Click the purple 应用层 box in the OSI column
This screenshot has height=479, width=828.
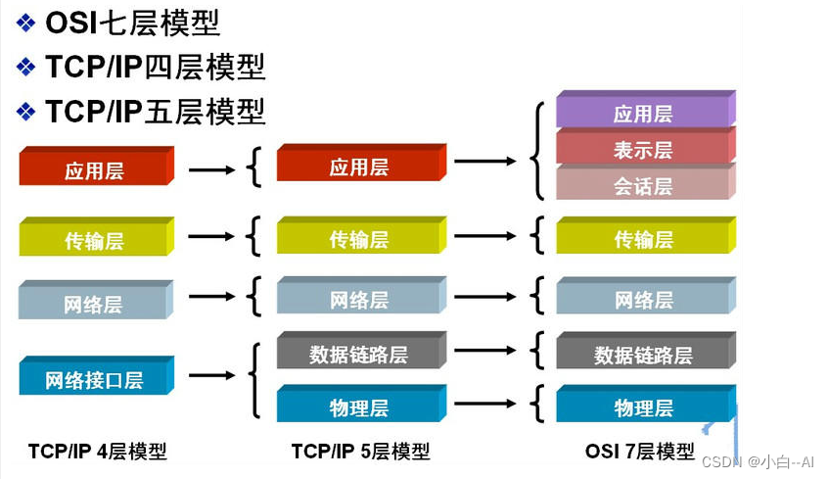point(644,113)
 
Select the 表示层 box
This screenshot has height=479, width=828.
point(644,149)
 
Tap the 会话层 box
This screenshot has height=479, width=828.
point(644,184)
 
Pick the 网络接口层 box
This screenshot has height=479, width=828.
point(95,379)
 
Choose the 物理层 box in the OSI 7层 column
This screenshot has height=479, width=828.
point(644,407)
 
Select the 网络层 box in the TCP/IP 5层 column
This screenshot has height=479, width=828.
point(359,299)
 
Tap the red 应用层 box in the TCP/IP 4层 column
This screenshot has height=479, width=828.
point(95,170)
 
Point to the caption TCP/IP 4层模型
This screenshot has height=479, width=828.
point(97,452)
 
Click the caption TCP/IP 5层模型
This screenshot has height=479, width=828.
point(360,452)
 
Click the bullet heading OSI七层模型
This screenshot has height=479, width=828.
point(132,22)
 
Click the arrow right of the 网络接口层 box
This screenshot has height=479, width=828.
point(211,374)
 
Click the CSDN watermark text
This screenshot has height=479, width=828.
point(767,459)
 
